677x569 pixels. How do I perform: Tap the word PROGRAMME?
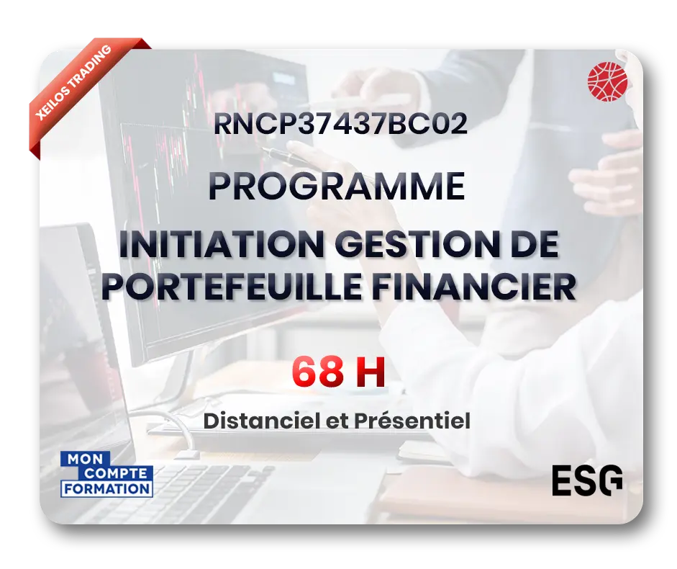pyautogui.click(x=337, y=187)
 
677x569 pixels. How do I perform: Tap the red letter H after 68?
pyautogui.click(x=370, y=372)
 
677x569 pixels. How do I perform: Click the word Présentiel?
pyautogui.click(x=412, y=421)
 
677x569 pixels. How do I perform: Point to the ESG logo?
pyautogui.click(x=587, y=480)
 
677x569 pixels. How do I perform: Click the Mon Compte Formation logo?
pyautogui.click(x=107, y=474)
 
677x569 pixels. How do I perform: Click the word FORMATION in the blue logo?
pyautogui.click(x=107, y=488)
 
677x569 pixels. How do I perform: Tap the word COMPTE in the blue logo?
pyautogui.click(x=117, y=473)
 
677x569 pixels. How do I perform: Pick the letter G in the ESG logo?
pyautogui.click(x=609, y=480)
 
